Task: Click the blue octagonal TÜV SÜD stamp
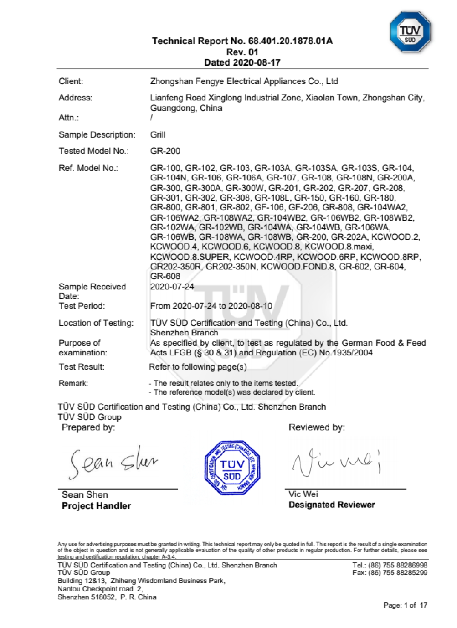pyautogui.click(x=232, y=468)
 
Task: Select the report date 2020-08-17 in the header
pyautogui.click(x=256, y=63)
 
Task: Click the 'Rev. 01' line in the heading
pyautogui.click(x=242, y=52)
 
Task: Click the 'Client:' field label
pyautogui.click(x=71, y=81)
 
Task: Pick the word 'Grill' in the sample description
pyautogui.click(x=158, y=134)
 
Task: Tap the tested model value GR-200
pyautogui.click(x=165, y=151)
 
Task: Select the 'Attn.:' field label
pyautogui.click(x=69, y=117)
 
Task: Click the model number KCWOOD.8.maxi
pyautogui.click(x=339, y=246)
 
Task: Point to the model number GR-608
pyautogui.click(x=165, y=276)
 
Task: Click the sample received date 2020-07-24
pyautogui.click(x=172, y=286)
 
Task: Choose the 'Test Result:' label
pyautogui.click(x=81, y=367)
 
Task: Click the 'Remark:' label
pyautogui.click(x=73, y=383)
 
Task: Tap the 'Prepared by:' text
pyautogui.click(x=88, y=427)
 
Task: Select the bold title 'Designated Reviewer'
pyautogui.click(x=332, y=505)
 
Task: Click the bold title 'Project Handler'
pyautogui.click(x=96, y=506)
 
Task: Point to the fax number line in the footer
pyautogui.click(x=390, y=572)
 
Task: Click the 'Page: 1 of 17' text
pyautogui.click(x=405, y=605)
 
